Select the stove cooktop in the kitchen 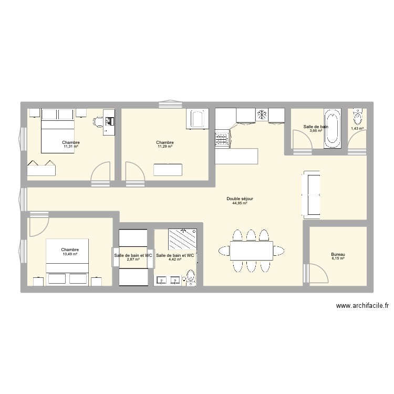pos(221,139)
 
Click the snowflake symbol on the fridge pos(261,114)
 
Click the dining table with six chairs pos(251,251)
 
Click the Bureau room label pos(338,254)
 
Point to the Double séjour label pos(240,199)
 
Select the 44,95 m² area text pos(240,203)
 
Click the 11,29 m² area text pos(164,147)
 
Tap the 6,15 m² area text pos(338,258)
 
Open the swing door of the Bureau pos(318,273)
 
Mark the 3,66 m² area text pos(316,131)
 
